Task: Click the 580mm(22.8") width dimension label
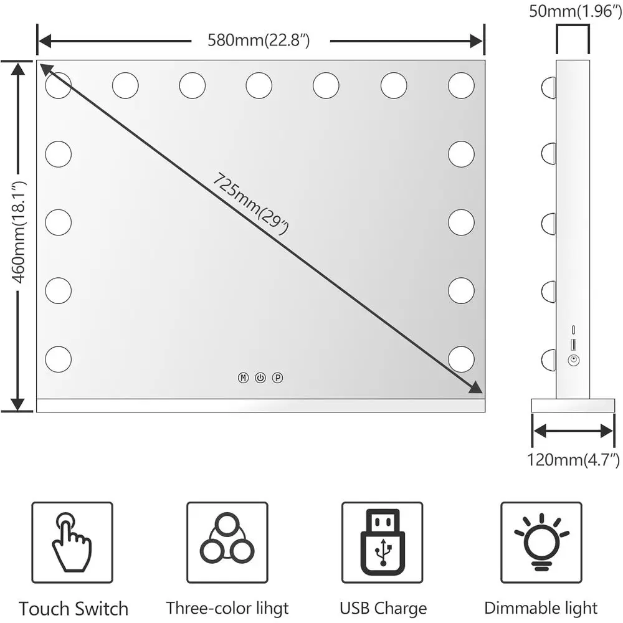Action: coord(260,41)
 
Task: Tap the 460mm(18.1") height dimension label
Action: coord(19,232)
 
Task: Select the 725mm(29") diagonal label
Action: coord(251,204)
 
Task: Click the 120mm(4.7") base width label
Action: coord(573,461)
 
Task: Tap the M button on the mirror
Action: coord(243,378)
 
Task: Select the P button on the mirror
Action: coord(277,378)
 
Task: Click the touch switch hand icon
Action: coord(72,542)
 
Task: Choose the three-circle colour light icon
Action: coord(227,539)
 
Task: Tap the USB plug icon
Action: coord(382,539)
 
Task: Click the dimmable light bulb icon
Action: coord(541,540)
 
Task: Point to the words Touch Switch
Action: coord(74,609)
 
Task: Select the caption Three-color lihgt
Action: coord(227,608)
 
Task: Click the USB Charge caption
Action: coord(383,608)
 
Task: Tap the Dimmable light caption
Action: coord(541,608)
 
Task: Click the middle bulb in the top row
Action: coord(259,85)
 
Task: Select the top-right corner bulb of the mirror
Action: coord(461,85)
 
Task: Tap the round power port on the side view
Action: coord(573,360)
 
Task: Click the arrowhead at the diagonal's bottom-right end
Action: coord(476,388)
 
